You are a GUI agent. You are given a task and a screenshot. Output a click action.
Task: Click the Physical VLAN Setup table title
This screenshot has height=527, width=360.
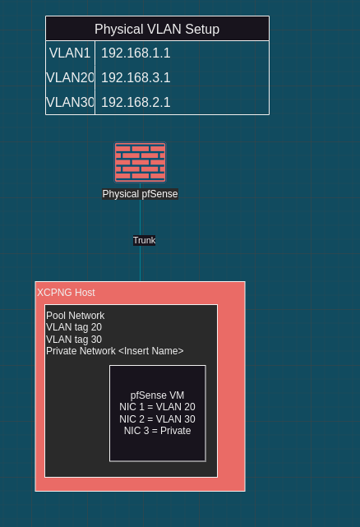[157, 30]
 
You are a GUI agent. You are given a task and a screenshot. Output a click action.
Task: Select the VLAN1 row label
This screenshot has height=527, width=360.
[70, 53]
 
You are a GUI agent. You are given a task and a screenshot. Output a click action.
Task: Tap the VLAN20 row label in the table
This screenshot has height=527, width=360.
[70, 77]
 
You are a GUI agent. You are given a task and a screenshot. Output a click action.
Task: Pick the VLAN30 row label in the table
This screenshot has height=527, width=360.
[70, 102]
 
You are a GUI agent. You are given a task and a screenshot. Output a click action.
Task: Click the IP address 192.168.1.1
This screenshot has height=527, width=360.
[136, 53]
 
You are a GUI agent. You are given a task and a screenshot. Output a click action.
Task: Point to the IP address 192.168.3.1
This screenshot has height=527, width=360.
[136, 77]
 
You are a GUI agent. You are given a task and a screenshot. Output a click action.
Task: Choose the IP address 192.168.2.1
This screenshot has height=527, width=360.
[136, 102]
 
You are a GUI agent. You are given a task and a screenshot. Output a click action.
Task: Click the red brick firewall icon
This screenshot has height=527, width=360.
[141, 162]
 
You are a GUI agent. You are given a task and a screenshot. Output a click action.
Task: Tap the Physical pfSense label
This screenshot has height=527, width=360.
[141, 194]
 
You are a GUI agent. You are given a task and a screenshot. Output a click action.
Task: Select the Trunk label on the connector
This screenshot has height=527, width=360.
[144, 240]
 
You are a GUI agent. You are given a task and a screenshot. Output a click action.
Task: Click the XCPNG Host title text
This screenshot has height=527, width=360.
[66, 293]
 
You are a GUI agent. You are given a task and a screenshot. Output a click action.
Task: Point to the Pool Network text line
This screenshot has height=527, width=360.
[76, 316]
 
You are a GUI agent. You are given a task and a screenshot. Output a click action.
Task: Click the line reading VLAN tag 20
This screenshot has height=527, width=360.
[74, 327]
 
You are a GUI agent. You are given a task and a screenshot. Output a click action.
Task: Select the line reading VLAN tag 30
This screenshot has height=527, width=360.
[74, 339]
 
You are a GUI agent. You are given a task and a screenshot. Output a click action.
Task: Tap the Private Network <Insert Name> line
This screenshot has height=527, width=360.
[115, 351]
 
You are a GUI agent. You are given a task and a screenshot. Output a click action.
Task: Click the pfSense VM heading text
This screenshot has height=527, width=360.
[157, 395]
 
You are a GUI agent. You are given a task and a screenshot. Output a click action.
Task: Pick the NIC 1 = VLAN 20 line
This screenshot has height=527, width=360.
[157, 407]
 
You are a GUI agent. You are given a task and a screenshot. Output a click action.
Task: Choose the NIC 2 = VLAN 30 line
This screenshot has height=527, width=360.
[157, 419]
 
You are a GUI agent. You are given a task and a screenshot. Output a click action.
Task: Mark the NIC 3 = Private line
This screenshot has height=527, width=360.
[157, 431]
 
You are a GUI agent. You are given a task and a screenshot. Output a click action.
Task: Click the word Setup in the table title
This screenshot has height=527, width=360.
[202, 30]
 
